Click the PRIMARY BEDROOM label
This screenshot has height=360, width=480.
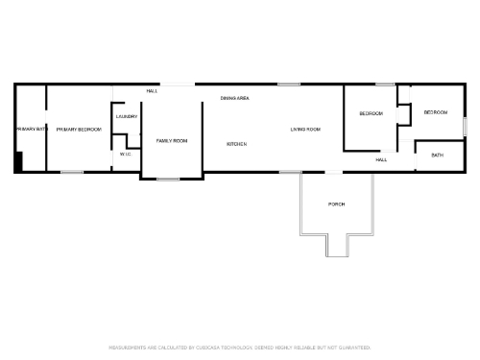[x=79, y=129]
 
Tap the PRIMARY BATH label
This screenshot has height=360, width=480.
[x=31, y=129]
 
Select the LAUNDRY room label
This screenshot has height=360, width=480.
[x=127, y=117]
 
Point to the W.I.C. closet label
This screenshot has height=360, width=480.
[x=126, y=154]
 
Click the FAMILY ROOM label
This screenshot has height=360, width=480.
[x=172, y=141]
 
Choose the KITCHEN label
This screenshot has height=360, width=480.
[x=236, y=144]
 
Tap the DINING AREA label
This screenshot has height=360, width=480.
[x=235, y=98]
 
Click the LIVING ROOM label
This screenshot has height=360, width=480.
[x=305, y=130]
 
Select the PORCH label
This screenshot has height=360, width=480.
[x=336, y=204]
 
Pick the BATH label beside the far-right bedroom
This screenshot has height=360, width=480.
[x=437, y=156]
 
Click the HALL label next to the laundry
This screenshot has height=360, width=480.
[x=152, y=91]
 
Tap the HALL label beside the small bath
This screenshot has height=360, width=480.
[x=381, y=159]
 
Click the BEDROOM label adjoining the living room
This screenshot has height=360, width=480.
[x=371, y=114]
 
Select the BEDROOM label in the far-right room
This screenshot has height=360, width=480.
[x=436, y=112]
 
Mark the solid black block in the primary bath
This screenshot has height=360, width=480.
[x=18, y=162]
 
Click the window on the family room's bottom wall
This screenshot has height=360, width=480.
[x=169, y=180]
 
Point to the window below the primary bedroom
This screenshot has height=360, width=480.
[x=71, y=173]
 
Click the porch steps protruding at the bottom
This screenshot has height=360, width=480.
[x=337, y=247]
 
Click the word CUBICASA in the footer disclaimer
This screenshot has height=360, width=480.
[x=209, y=348]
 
